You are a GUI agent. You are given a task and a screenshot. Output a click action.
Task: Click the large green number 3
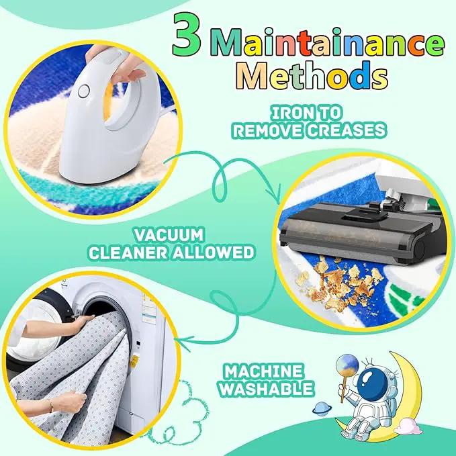click(x=186, y=34)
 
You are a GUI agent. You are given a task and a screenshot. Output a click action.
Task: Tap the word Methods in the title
click(x=312, y=75)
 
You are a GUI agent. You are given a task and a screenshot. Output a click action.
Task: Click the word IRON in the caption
click(x=293, y=113)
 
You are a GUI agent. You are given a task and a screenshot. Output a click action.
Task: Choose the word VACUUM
click(x=169, y=235)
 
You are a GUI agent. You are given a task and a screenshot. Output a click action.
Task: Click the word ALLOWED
click(x=214, y=253)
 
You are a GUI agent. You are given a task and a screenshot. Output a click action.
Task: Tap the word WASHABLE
click(x=266, y=389)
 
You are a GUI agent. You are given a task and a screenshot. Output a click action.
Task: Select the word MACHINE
click(x=263, y=372)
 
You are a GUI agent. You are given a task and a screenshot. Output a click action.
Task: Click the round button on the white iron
click(x=84, y=91)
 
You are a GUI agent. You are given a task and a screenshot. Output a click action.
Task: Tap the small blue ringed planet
click(x=322, y=409)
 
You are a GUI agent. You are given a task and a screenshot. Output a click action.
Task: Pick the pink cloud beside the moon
click(x=408, y=426)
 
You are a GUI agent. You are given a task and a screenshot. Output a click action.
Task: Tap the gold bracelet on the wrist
click(x=50, y=406)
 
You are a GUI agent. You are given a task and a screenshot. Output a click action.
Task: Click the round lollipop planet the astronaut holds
click(x=347, y=365)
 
